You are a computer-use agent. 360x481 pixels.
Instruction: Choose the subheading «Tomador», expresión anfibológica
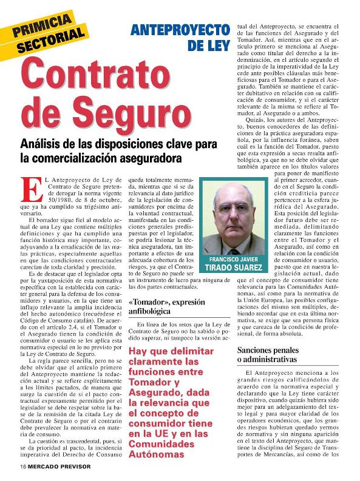[158, 306]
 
